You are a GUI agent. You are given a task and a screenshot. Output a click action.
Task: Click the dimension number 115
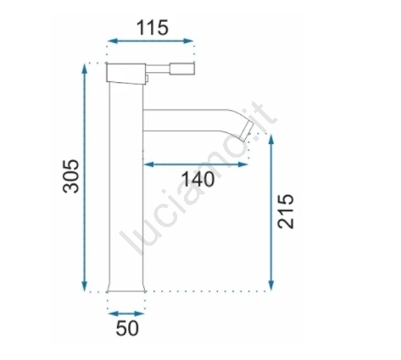pos(153,28)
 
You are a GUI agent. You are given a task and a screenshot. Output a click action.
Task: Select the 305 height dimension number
pos(70,176)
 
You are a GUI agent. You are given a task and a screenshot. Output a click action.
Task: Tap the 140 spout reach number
pos(198,180)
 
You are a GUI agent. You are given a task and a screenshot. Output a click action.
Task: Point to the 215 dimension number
pos(286,211)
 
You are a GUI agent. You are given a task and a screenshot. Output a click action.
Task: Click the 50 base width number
pos(127,328)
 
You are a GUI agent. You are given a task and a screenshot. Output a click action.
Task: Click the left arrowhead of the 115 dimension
pos(113,41)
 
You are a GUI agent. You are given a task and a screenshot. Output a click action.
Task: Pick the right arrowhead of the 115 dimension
pos(188,41)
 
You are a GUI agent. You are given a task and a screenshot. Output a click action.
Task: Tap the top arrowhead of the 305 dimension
pos(84,69)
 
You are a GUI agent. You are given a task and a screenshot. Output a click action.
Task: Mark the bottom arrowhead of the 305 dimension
pos(84,286)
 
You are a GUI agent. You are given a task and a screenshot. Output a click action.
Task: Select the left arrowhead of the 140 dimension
pos(149,164)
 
